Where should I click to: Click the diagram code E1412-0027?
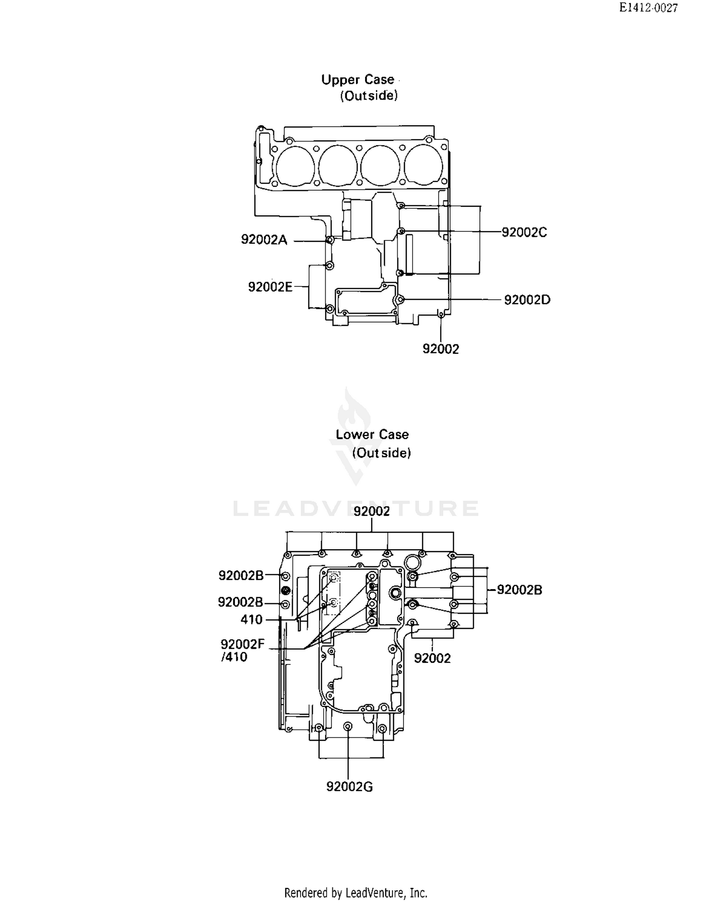648,8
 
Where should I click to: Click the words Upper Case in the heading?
357,80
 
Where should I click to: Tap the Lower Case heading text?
372,434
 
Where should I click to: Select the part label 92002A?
264,240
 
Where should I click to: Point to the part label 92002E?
270,287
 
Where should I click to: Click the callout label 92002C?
524,232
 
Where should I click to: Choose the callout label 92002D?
527,300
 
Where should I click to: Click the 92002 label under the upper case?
440,349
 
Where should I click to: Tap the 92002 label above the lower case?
372,511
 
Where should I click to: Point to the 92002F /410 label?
242,650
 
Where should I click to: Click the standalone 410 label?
251,619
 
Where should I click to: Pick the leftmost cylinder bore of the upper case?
295,165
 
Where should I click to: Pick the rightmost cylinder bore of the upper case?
423,165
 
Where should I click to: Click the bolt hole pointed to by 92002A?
329,240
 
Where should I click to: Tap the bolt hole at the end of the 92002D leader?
401,300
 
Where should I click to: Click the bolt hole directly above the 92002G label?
348,727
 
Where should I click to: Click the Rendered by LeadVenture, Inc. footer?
356,893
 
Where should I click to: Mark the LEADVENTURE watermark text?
356,508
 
